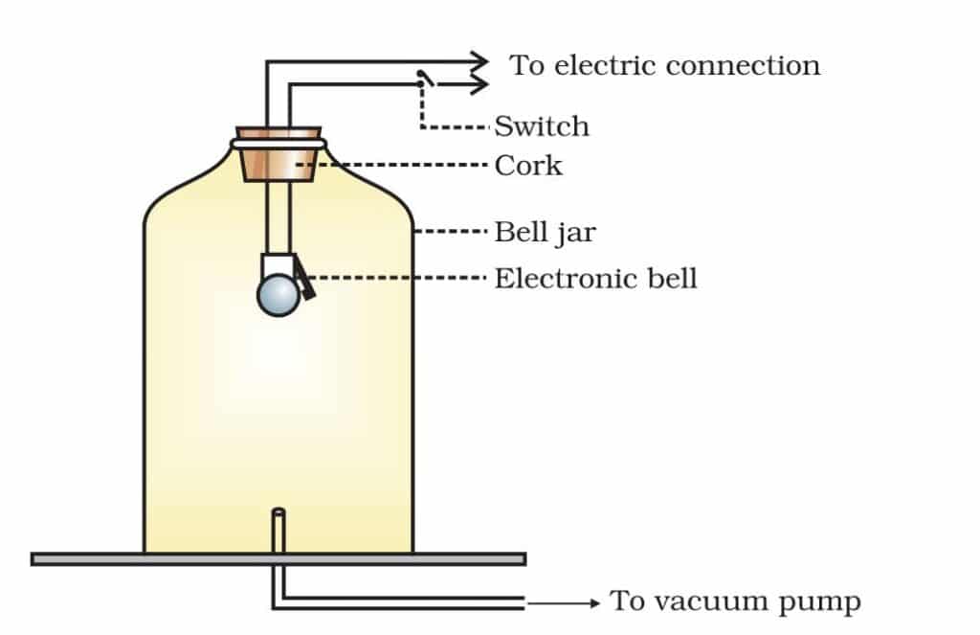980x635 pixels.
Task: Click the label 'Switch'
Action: (542, 126)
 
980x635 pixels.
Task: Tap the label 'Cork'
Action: (528, 165)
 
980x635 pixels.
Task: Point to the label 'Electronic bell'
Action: (595, 279)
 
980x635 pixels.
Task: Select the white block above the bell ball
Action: (277, 265)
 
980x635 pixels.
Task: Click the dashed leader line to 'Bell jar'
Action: (452, 232)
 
